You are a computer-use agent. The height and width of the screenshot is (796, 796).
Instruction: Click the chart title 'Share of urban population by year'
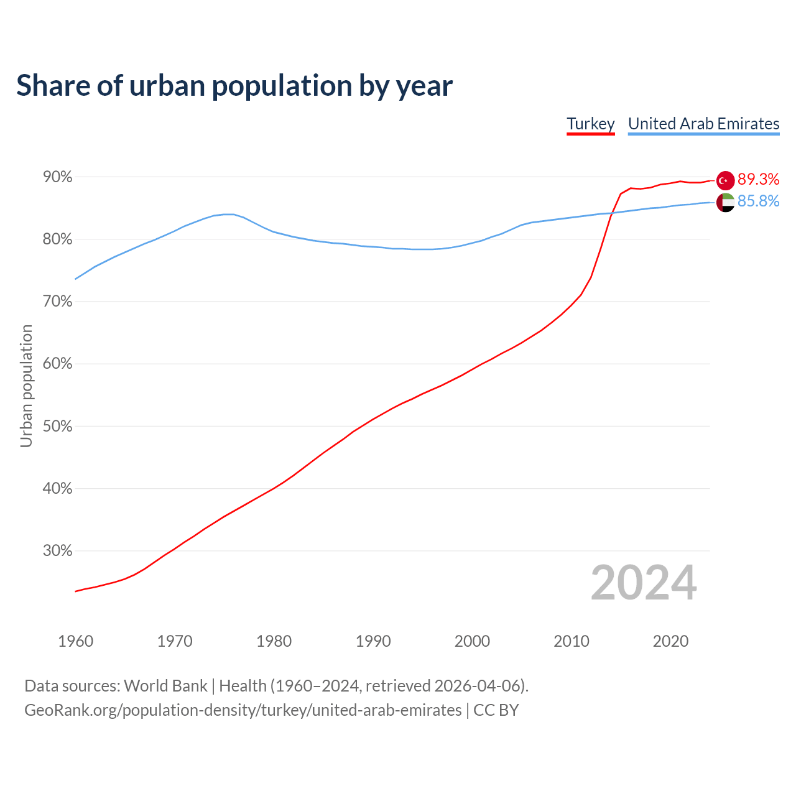[234, 86]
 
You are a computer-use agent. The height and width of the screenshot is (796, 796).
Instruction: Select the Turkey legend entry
[590, 124]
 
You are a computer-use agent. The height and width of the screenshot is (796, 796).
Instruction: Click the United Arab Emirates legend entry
[703, 124]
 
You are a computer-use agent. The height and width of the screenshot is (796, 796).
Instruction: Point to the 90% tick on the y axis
[58, 177]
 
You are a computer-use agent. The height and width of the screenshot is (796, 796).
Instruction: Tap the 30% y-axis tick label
[58, 551]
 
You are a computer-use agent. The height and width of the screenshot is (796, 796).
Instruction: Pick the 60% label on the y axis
[58, 364]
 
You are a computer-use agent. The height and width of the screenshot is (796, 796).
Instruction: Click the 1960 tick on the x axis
[75, 641]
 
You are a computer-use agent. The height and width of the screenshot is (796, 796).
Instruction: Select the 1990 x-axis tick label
[373, 641]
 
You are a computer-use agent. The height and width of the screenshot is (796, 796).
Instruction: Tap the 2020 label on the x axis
[670, 641]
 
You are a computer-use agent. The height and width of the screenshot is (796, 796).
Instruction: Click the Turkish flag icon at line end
[725, 180]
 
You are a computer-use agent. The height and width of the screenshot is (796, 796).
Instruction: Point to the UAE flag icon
[725, 202]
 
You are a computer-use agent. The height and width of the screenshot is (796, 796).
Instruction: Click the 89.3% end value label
[758, 180]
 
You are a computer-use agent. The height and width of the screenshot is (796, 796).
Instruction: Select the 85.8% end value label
[758, 201]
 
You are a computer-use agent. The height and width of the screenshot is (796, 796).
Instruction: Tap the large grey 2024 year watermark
[644, 583]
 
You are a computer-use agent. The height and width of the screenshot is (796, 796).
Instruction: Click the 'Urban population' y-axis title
[26, 386]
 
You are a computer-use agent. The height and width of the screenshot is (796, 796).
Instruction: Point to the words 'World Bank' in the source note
[165, 686]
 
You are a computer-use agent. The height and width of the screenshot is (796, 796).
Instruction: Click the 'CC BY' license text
[496, 710]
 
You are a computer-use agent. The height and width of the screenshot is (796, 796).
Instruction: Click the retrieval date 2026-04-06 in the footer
[476, 686]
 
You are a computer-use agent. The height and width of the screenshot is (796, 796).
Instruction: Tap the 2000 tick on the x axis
[472, 641]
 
